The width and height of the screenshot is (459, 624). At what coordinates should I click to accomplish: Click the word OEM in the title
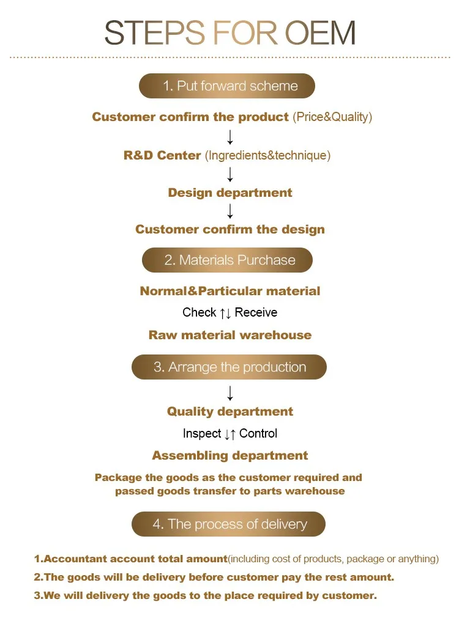[x=320, y=32]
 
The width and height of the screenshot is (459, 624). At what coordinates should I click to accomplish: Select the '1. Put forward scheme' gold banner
[x=226, y=86]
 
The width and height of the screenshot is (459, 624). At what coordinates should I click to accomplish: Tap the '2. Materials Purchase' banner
[x=227, y=260]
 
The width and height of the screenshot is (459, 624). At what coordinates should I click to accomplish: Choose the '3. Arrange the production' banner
[x=229, y=367]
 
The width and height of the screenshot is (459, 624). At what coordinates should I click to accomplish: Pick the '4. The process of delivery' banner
[x=228, y=524]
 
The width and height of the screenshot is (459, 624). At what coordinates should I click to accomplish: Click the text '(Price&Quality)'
[x=332, y=117]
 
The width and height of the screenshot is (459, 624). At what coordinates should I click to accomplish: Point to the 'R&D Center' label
[x=162, y=155]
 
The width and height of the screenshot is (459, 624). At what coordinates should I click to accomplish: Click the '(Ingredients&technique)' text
[x=268, y=155]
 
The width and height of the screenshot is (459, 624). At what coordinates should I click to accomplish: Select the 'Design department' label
[x=230, y=193]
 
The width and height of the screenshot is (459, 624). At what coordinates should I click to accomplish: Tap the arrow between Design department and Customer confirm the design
[x=230, y=211]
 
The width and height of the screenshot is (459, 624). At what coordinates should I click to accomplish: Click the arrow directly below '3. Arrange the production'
[x=230, y=393]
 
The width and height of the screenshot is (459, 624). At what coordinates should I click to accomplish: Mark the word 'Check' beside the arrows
[x=200, y=312]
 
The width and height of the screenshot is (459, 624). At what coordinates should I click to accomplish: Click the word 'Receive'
[x=256, y=312]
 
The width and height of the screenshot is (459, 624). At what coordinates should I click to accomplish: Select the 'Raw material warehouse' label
[x=230, y=335]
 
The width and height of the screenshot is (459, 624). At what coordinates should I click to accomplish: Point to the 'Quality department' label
[x=230, y=411]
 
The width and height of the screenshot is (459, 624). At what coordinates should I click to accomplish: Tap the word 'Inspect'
[x=202, y=433]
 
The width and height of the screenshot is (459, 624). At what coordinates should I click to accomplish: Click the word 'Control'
[x=258, y=433]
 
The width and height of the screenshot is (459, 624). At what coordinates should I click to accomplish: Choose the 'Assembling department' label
[x=230, y=456]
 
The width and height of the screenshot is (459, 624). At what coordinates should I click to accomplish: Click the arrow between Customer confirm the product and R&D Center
[x=230, y=137]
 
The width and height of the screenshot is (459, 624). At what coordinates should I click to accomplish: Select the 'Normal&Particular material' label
[x=230, y=291]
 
